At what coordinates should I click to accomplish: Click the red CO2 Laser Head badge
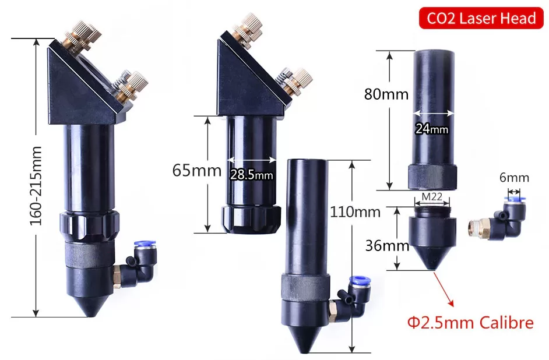pos(481,18)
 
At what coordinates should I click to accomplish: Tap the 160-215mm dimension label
pos(36,185)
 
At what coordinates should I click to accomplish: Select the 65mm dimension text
pos(197,171)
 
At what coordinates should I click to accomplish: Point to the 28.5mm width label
pos(251,174)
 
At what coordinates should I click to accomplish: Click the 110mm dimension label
pos(356,212)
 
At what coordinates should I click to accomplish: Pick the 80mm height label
pos(386,94)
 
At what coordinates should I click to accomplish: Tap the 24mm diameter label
pos(432,129)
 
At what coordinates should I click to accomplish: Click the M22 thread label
pos(432,197)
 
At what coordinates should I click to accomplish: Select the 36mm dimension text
pos(387,246)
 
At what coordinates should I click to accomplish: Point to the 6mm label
pos(514,178)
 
